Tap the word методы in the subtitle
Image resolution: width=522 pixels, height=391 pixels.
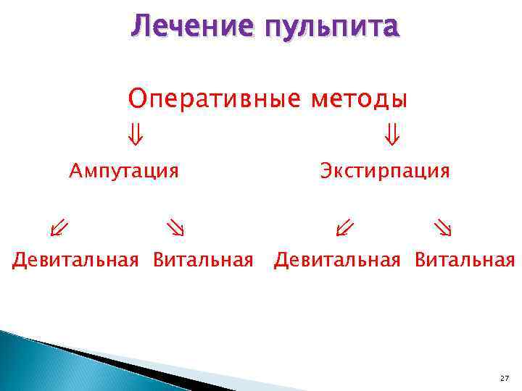(360, 98)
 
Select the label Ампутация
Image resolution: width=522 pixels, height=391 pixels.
(124, 172)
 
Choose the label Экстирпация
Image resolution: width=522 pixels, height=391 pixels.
(385, 172)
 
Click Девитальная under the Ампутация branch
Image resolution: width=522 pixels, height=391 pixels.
(75, 260)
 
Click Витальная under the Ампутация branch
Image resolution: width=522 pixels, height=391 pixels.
(203, 260)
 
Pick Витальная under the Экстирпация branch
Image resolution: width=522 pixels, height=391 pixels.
(465, 260)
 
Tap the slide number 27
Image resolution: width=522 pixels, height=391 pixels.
(504, 379)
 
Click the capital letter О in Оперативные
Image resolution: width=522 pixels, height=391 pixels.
(136, 98)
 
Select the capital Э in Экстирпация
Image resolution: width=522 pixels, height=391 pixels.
(326, 172)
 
